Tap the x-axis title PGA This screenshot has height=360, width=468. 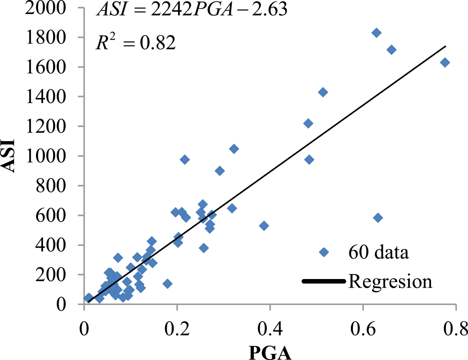(270, 351)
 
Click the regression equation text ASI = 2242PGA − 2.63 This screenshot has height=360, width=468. (191, 10)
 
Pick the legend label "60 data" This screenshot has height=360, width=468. (379, 252)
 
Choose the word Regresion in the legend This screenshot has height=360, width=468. (390, 281)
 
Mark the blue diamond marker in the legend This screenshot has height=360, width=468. (324, 252)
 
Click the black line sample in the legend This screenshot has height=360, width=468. (324, 282)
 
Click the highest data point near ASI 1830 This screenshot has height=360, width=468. (376, 32)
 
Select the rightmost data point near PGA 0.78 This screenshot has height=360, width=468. (444, 62)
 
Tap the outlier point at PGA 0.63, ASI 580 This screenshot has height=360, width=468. (378, 218)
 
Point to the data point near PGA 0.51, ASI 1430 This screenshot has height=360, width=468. (323, 92)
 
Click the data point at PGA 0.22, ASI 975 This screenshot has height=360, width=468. (185, 159)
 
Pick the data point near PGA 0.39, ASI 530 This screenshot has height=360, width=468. (264, 226)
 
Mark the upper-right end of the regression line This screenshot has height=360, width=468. (445, 46)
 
